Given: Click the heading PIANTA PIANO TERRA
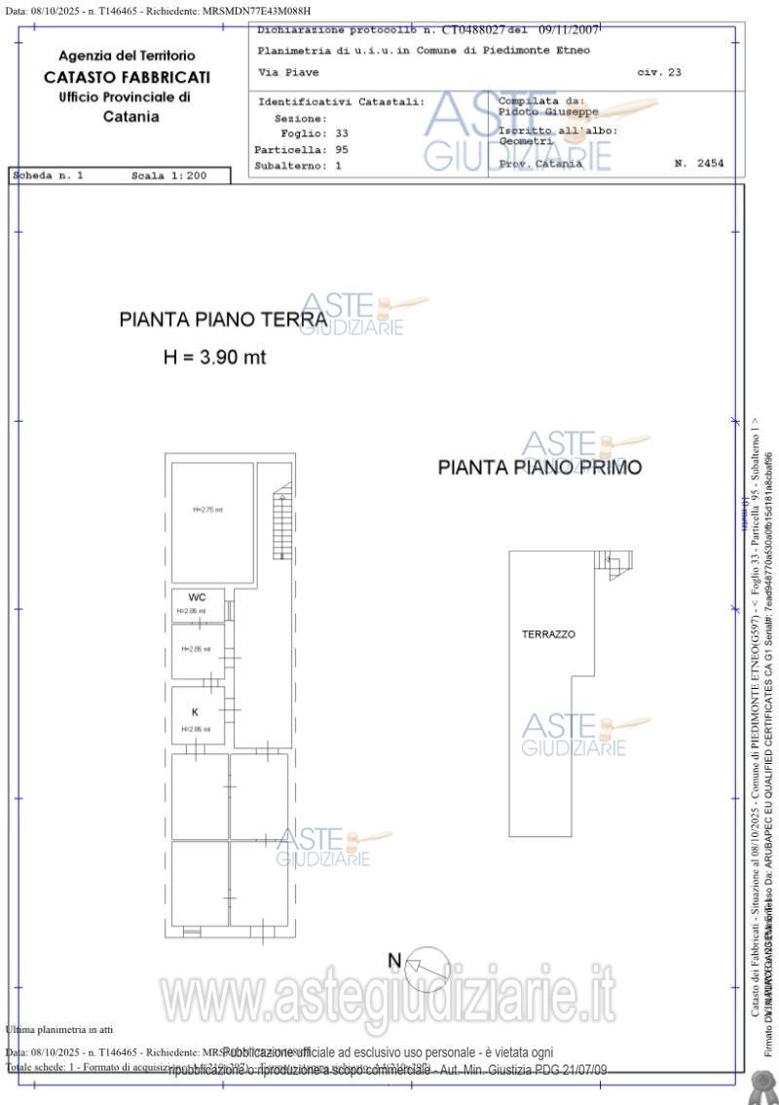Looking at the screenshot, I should (223, 320).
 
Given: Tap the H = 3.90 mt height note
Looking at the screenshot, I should (214, 358).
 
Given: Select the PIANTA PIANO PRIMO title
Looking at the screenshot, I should (539, 468).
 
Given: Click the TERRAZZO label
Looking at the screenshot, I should (548, 634).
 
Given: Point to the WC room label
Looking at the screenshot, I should (197, 597).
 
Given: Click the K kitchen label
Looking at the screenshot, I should (195, 712).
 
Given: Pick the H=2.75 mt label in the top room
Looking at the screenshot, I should (207, 510).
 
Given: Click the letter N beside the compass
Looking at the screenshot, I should (394, 961).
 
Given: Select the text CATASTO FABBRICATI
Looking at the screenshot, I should (127, 77).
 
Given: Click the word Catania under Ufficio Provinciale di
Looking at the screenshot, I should (131, 117).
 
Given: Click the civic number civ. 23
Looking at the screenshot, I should (659, 73).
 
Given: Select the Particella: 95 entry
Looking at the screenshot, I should (301, 150).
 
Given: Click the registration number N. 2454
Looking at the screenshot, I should (699, 164).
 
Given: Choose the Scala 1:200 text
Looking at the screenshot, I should (168, 176).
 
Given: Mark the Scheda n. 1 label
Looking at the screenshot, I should (49, 176).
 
